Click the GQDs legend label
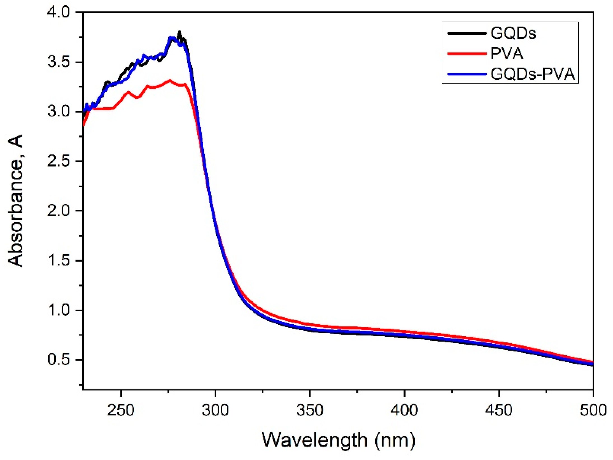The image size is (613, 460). [513, 33]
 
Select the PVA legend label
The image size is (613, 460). [507, 53]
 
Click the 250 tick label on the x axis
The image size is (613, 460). [121, 410]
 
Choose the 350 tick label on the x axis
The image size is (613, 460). [310, 410]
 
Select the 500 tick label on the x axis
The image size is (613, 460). [593, 410]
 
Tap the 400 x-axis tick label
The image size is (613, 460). [404, 410]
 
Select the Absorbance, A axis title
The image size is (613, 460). [15, 201]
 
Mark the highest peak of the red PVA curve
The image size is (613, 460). [170, 81]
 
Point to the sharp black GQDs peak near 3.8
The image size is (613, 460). [180, 32]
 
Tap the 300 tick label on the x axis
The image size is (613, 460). [215, 410]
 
